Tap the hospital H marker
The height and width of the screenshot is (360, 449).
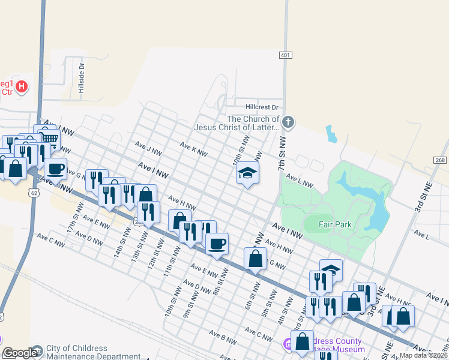coord(22,87)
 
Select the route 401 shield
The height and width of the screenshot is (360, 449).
coord(286,55)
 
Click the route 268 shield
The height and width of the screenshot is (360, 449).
coord(439,160)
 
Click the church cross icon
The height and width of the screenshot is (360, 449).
coord(288,123)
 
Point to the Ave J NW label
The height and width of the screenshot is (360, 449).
coord(149,148)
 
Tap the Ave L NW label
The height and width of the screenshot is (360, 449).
coord(300,179)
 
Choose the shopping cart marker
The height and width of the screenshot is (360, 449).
coord(50,139)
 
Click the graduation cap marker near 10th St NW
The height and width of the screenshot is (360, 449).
coord(247,173)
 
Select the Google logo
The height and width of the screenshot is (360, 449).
coord(20,353)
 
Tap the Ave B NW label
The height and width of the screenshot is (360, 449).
coord(223,336)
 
